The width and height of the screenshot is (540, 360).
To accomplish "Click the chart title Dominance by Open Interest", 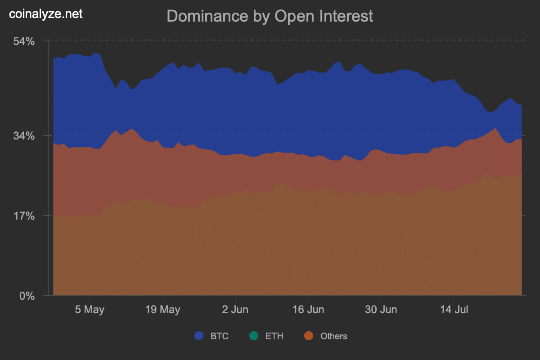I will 270,16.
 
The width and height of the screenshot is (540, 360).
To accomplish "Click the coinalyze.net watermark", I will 46,14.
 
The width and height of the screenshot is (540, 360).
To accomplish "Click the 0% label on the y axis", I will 27,296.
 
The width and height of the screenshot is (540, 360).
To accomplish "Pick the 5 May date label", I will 89,310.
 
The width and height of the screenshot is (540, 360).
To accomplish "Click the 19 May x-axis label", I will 162,310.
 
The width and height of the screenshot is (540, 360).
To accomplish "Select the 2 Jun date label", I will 235,310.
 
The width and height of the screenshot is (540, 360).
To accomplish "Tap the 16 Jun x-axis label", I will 308,310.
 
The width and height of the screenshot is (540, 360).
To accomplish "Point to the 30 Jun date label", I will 381,310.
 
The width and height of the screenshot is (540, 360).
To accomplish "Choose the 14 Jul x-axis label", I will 454,310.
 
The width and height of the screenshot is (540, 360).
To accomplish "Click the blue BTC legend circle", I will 199,336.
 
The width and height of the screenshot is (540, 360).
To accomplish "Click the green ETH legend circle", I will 254,336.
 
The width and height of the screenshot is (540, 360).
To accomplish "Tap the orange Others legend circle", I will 309,336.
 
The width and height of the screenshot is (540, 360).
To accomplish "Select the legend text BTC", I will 220,336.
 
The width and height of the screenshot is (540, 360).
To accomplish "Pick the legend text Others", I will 333,336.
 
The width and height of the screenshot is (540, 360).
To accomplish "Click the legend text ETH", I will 274,336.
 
